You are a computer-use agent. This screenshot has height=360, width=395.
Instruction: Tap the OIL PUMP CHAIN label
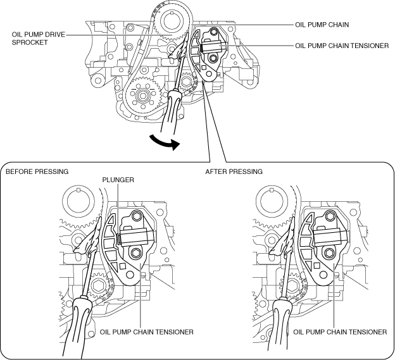pyautogui.click(x=322, y=25)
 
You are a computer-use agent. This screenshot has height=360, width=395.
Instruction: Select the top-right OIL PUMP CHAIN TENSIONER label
pyautogui.click(x=342, y=46)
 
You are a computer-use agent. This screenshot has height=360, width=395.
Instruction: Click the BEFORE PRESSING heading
pyautogui.click(x=37, y=171)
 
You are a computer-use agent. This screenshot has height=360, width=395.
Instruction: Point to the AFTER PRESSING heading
pyautogui.click(x=235, y=171)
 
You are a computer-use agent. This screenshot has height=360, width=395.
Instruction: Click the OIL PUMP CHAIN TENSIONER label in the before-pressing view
pyautogui.click(x=146, y=331)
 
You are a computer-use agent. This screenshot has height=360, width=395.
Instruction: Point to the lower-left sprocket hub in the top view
pyautogui.click(x=141, y=97)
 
